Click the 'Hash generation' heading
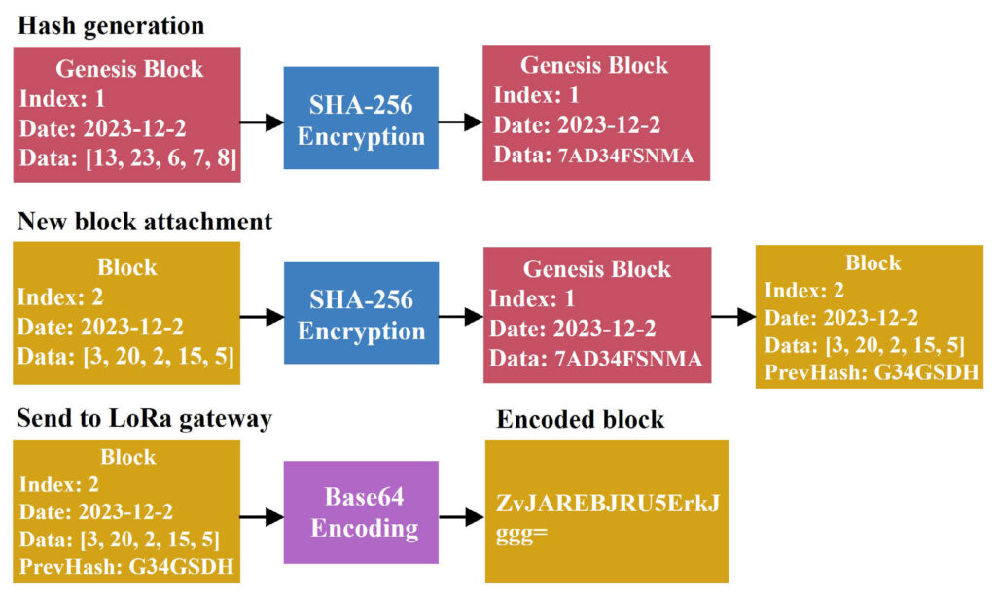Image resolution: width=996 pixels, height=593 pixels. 111,26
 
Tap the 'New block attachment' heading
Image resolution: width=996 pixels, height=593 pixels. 145,222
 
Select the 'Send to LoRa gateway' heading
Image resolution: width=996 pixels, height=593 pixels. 144,418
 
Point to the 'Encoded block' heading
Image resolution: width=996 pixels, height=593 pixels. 581,420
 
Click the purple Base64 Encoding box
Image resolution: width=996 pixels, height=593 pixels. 361,511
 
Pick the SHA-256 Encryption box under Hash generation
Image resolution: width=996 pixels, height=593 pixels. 361,118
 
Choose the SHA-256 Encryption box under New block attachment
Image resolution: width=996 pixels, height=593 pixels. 361,312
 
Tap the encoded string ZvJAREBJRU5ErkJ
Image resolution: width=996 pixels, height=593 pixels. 608,504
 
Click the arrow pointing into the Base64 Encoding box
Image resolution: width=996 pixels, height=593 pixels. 262,517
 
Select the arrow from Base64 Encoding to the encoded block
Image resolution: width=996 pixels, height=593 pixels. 462,517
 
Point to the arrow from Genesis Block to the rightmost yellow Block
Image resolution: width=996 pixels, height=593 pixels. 733,316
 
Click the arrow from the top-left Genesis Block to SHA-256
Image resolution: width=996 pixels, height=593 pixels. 262,122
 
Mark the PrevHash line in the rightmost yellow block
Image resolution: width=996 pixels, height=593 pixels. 871,372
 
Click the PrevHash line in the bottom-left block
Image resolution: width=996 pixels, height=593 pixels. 126,566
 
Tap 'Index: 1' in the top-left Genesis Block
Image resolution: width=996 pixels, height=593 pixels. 62,99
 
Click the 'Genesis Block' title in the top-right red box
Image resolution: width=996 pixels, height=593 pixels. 594,65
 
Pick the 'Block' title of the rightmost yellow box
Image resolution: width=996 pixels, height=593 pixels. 872,262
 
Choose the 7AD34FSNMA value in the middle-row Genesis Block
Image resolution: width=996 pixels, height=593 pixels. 629,360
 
